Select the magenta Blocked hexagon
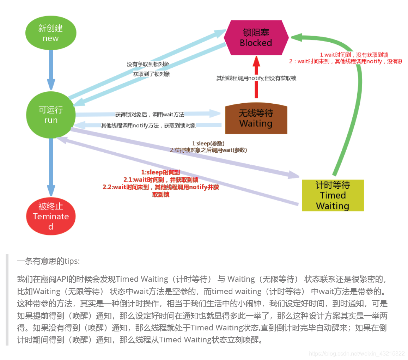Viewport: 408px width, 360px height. pos(256,37)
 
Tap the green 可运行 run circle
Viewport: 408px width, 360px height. pos(51,115)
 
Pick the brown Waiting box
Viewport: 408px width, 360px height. pos(256,118)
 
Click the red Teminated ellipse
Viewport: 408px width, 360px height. pos(51,216)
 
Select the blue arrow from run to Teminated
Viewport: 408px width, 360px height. pos(51,166)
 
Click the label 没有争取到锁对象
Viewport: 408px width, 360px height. pos(148,65)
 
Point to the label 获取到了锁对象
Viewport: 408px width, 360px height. pos(152,74)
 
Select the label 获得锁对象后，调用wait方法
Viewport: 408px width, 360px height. pos(150,114)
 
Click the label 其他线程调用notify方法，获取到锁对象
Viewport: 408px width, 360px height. pos(148,125)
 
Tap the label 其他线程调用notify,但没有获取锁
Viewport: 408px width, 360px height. pos(256,78)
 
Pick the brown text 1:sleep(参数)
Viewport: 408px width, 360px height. pos(208,143)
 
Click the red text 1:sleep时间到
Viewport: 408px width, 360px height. pos(160,172)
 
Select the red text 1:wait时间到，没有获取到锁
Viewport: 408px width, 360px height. pos(354,55)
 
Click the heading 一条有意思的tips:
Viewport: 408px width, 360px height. pos(48,261)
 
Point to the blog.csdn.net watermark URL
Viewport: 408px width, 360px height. pos(357,353)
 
